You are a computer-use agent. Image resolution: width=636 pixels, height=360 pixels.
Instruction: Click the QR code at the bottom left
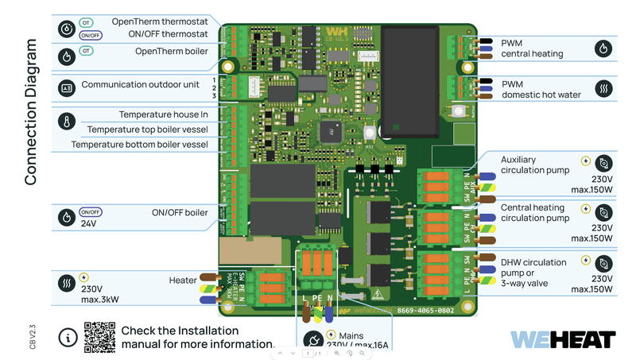(x=99, y=337)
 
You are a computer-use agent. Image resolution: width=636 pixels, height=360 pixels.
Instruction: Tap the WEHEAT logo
(x=562, y=339)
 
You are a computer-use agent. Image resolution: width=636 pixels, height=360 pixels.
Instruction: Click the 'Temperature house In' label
(x=163, y=114)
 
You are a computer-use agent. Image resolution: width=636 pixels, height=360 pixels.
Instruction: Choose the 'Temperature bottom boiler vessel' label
(x=139, y=145)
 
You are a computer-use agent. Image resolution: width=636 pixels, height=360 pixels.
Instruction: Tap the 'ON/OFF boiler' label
(x=180, y=212)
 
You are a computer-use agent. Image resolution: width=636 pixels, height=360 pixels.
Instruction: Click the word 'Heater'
(x=182, y=281)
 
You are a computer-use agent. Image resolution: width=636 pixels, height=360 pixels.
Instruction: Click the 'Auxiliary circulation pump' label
(x=535, y=165)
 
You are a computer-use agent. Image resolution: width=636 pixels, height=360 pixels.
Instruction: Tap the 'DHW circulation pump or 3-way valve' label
(x=533, y=273)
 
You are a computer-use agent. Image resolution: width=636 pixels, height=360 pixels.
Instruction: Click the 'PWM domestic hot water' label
(x=541, y=89)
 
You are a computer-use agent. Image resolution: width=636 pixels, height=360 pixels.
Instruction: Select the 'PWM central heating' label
(x=532, y=48)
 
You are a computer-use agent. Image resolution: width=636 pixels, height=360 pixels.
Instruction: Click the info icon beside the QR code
(x=68, y=338)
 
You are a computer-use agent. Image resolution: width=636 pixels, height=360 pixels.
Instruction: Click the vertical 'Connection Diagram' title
(x=31, y=111)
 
